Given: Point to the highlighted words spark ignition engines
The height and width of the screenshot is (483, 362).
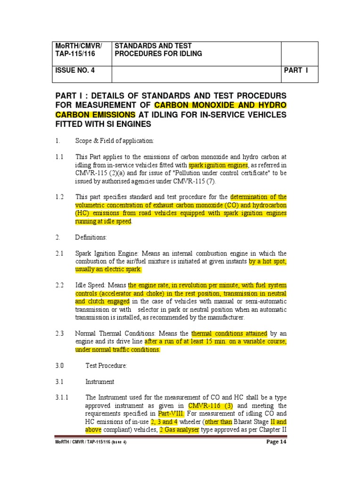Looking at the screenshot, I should click(218, 165).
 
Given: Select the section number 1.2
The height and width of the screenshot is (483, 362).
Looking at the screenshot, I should click(59, 197).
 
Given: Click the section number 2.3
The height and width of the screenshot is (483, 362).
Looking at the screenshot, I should click(59, 333).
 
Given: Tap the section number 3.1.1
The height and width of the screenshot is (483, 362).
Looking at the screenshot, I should click(62, 398).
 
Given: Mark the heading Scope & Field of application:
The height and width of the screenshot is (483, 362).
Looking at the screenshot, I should click(115, 141).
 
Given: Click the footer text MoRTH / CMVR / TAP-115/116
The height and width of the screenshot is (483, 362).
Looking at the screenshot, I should click(90, 442).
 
